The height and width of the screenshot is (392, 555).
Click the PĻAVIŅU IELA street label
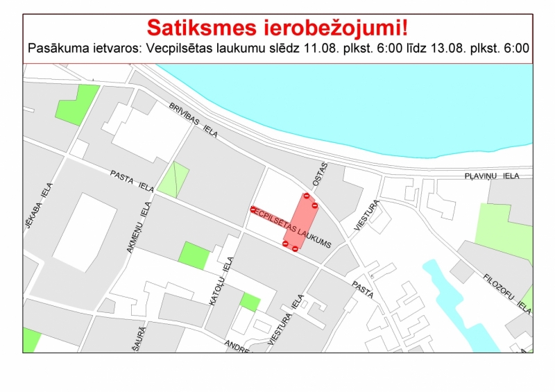coord(492,177)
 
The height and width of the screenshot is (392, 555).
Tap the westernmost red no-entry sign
coord(253,209)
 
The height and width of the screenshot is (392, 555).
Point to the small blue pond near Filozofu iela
coord(454,298)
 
